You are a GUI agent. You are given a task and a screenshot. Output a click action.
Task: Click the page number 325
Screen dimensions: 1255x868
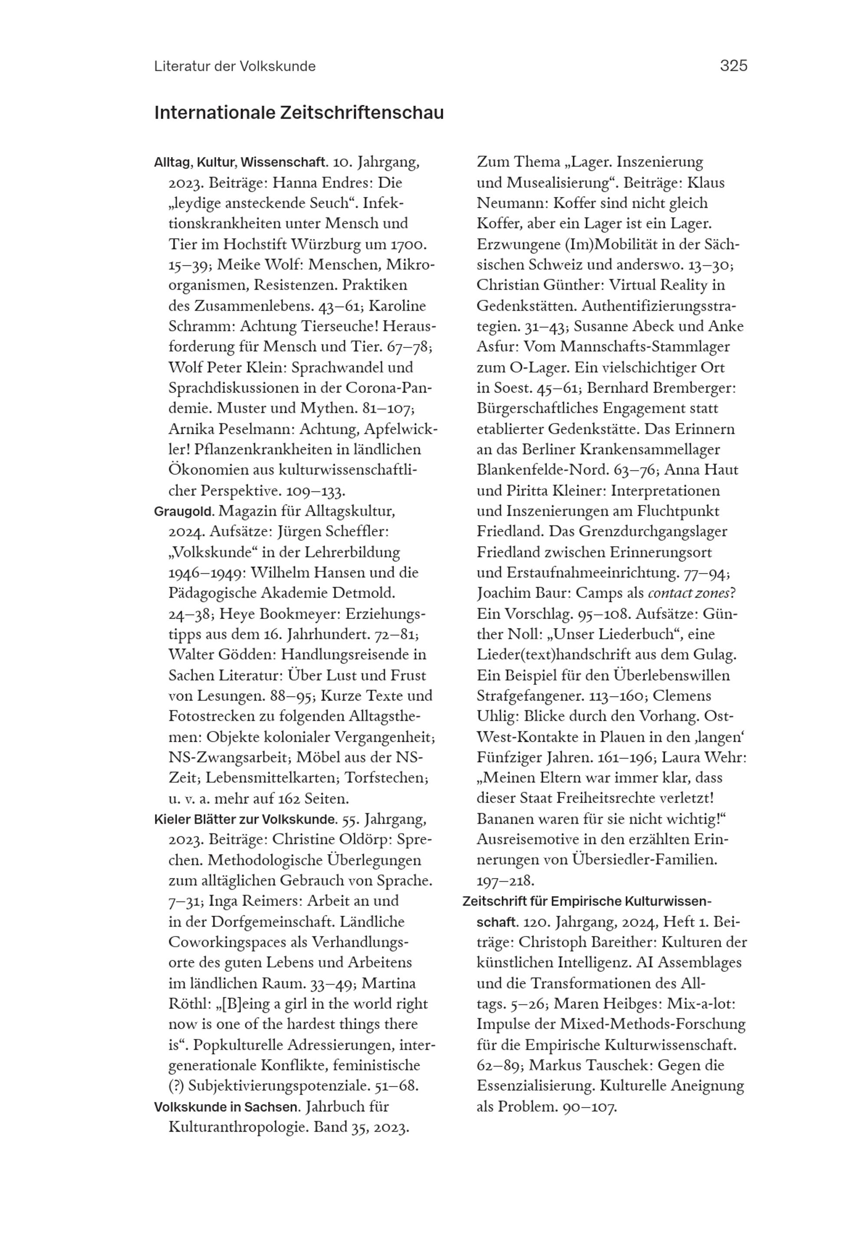[733, 66]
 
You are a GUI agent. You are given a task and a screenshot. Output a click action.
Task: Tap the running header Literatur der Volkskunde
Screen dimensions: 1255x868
[234, 66]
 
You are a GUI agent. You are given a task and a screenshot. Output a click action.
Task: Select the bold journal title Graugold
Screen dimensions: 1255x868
[184, 511]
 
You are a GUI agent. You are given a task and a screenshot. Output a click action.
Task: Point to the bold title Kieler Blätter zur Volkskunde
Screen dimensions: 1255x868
[246, 819]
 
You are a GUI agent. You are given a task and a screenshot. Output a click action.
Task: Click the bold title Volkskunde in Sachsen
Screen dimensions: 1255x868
[227, 1107]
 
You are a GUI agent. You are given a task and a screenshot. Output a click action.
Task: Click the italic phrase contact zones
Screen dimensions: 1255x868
[687, 593]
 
